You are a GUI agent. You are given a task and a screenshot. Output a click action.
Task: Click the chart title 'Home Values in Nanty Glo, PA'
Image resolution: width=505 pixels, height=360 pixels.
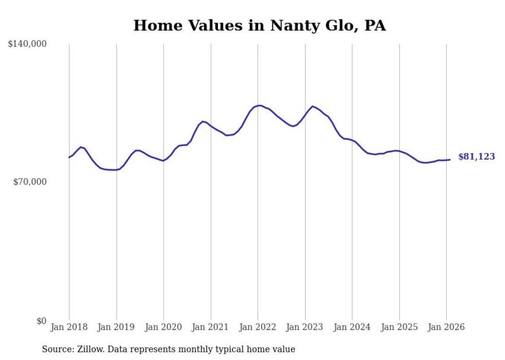coord(259,25)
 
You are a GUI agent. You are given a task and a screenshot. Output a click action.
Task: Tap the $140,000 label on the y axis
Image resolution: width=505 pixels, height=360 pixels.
coord(27,44)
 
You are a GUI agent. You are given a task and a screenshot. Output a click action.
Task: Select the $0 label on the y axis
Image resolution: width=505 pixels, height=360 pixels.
coord(41,321)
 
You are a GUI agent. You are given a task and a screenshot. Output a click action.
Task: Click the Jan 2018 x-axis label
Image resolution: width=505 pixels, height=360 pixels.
coord(69,327)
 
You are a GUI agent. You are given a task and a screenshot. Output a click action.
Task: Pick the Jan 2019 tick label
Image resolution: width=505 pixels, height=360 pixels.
coord(116,327)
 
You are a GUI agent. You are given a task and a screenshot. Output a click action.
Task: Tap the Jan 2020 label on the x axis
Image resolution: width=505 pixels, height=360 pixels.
coord(163,327)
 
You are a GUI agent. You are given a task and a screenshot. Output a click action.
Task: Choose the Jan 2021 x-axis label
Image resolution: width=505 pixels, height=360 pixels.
coord(211,327)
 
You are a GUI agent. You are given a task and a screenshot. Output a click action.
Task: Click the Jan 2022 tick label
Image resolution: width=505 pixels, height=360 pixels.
coord(258,327)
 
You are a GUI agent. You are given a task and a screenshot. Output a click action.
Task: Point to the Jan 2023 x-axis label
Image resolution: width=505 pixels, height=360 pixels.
coord(305,327)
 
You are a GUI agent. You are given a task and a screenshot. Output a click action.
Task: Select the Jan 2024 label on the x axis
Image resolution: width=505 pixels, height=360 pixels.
coord(352,327)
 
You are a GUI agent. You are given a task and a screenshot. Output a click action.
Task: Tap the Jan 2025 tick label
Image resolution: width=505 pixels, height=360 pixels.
coord(399,327)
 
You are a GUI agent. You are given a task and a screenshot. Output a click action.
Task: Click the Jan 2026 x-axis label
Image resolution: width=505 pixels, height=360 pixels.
coord(446,327)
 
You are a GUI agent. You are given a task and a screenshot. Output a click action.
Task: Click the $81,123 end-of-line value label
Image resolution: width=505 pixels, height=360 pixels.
coord(476,157)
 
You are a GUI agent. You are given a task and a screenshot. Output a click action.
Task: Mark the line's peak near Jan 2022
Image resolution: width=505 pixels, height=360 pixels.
coord(259,106)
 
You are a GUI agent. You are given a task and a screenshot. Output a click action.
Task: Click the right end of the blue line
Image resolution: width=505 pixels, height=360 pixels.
coord(450,160)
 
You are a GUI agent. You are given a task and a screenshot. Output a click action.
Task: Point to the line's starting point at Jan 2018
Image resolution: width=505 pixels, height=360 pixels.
coord(69,158)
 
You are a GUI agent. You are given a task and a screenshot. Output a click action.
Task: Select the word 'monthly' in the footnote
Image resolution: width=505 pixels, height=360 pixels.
coord(222,349)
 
